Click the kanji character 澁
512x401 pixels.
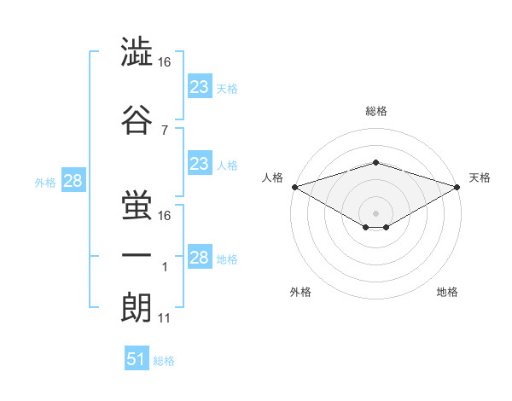[x=137, y=52]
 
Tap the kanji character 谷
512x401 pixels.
[x=137, y=119]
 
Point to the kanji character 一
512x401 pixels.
[x=137, y=254]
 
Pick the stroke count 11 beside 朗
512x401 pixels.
[x=164, y=318]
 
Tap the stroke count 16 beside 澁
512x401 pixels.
[x=164, y=62]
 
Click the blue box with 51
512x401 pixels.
[x=136, y=359]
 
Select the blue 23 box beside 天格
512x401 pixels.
[x=199, y=87]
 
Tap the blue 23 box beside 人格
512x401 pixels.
[x=199, y=164]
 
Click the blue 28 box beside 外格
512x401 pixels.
[x=73, y=181]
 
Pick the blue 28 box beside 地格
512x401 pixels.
[x=199, y=258]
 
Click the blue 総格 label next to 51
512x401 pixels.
[x=164, y=361]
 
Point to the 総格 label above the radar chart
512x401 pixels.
[x=375, y=111]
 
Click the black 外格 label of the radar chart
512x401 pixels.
[x=300, y=292]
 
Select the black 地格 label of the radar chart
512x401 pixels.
[x=447, y=292]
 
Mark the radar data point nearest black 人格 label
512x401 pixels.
[x=294, y=187]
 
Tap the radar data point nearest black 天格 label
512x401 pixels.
[x=457, y=187]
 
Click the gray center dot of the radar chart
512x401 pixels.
[x=375, y=212]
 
